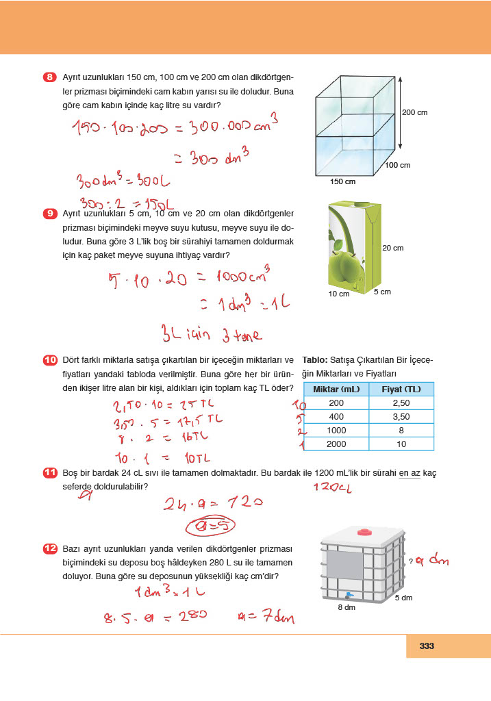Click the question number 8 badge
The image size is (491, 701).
(49, 77)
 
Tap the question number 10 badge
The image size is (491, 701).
(49, 360)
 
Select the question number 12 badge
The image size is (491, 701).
(49, 549)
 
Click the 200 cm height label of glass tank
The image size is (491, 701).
(415, 112)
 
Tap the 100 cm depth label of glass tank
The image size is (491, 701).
(397, 165)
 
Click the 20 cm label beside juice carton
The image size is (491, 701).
(392, 247)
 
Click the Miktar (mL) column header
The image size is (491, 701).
(336, 390)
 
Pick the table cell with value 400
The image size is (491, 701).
(336, 417)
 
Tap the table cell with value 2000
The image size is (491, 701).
(336, 444)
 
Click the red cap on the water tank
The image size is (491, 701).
(362, 531)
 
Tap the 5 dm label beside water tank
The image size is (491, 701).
(403, 598)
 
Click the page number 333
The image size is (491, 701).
(427, 646)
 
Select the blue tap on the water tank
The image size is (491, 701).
(349, 595)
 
